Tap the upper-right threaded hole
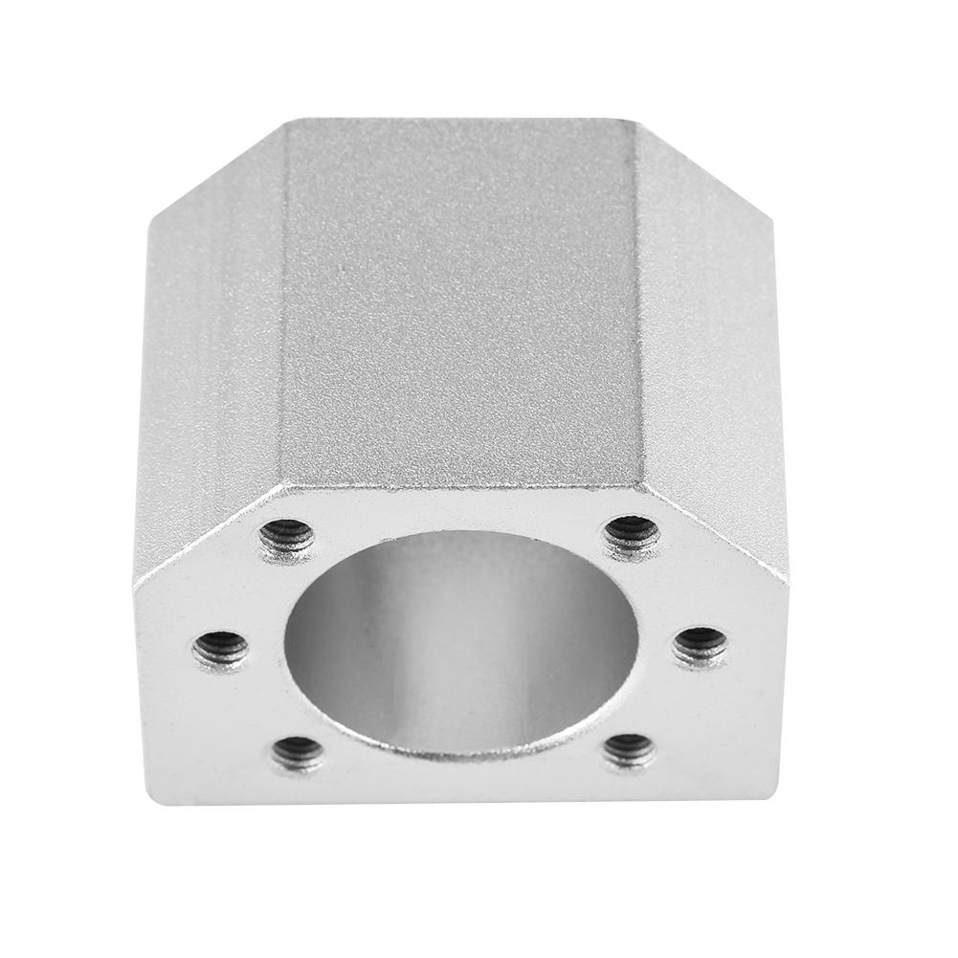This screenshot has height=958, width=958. click(633, 534)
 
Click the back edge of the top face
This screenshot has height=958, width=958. click(459, 119)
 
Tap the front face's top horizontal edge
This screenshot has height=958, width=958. click(459, 486)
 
